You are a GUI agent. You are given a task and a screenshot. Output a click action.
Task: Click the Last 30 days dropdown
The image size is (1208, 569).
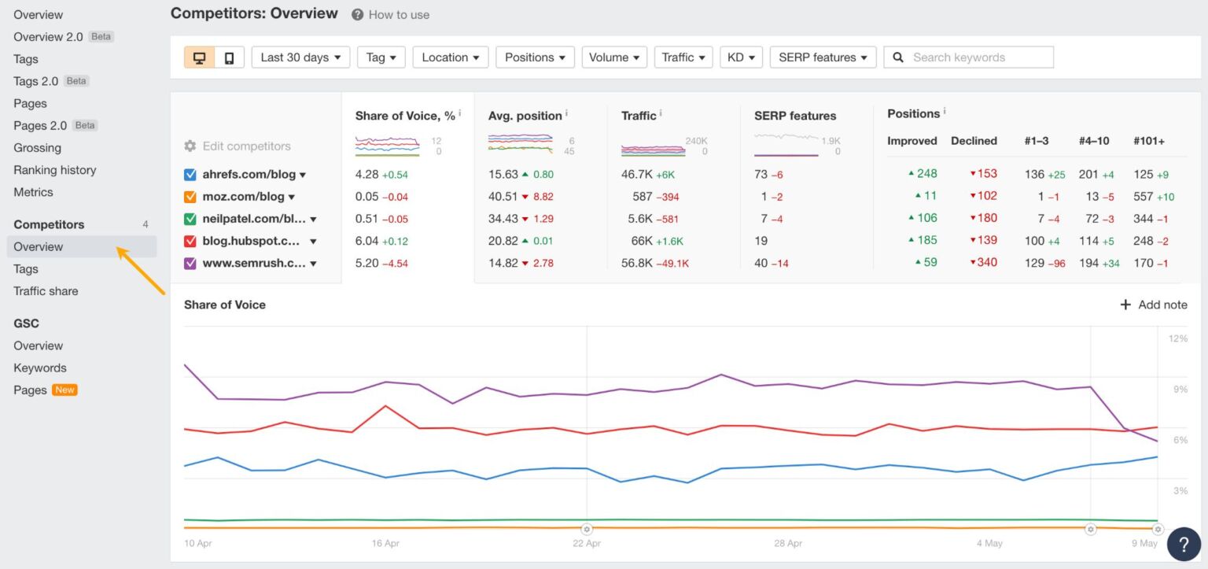[x=300, y=57]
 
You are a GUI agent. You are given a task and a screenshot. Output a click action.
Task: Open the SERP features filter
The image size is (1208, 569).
[x=823, y=57]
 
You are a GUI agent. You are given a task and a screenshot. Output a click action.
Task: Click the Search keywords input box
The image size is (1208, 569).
[x=975, y=57]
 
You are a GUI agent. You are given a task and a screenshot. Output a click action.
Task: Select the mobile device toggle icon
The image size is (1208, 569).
[x=229, y=57]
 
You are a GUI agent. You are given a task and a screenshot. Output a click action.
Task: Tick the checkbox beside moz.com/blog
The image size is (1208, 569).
[x=190, y=197]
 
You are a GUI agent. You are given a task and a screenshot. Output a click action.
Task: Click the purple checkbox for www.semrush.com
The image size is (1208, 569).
[x=190, y=263]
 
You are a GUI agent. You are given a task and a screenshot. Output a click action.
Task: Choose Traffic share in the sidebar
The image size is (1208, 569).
[x=46, y=291]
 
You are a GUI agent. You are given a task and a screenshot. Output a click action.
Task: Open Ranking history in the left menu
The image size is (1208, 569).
[x=54, y=170]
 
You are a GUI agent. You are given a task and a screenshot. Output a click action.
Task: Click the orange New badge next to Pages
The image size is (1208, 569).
[x=64, y=390]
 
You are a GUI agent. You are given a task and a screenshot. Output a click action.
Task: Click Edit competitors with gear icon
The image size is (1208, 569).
[x=238, y=146]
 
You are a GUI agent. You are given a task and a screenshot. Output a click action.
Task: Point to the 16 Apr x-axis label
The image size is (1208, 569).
[x=385, y=543]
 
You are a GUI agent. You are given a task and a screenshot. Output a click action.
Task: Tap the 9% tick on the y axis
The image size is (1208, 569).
[x=1180, y=389]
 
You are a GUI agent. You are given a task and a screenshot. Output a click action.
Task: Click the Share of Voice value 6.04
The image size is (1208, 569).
[x=366, y=241]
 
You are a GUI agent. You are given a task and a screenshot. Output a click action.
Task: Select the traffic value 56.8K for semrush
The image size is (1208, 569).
[x=637, y=263]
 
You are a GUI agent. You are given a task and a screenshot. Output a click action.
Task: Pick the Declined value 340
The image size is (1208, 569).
[x=986, y=262]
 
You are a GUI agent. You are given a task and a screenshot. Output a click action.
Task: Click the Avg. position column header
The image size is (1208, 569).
[x=525, y=116]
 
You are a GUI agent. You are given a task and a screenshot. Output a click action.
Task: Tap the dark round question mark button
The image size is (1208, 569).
[x=1183, y=544]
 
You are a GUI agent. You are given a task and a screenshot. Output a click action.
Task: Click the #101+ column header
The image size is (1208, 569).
[x=1149, y=141]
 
